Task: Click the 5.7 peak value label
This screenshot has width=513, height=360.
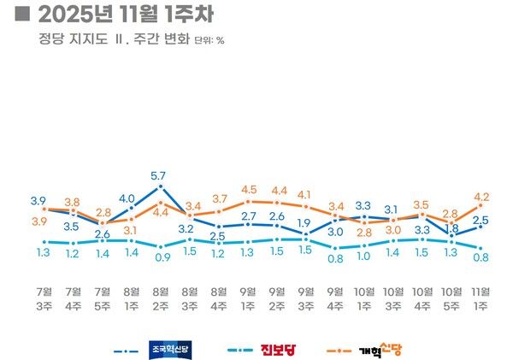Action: click(159, 175)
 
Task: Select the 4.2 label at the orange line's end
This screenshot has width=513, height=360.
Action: click(482, 195)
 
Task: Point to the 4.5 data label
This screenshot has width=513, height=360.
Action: click(249, 190)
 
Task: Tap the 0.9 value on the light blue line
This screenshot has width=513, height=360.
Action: click(160, 256)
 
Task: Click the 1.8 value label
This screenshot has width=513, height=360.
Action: click(451, 228)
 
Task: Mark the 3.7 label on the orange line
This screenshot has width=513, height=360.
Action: click(219, 198)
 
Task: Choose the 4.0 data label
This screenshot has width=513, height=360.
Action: click(127, 199)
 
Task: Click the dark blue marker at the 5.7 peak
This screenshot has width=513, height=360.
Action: click(160, 187)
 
